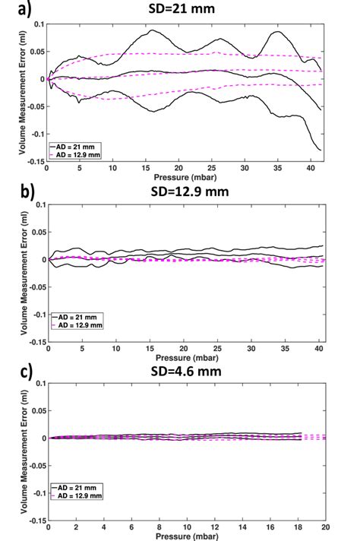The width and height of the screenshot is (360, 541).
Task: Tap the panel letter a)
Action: (13, 9)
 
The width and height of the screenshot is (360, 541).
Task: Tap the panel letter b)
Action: (14, 190)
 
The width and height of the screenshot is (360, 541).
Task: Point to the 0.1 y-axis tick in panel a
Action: (38, 24)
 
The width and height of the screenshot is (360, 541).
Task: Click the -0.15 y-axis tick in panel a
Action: (35, 161)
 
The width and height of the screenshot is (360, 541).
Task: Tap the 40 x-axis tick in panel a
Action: (311, 168)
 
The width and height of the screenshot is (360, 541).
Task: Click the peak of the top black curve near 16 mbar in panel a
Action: (152, 30)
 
